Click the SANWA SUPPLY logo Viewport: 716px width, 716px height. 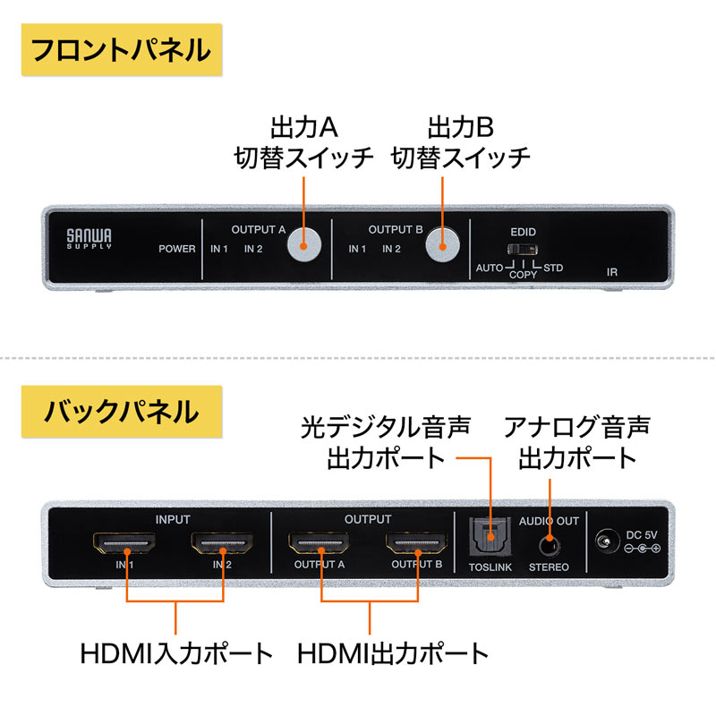pos(89,238)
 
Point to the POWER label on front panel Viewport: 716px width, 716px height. pos(176,249)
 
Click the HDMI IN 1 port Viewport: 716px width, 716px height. pos(125,543)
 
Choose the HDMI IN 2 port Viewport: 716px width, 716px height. pos(222,543)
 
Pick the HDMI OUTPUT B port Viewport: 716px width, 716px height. pos(416,543)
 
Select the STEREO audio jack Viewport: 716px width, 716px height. pos(549,542)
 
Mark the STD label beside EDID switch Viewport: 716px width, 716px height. pos(554,268)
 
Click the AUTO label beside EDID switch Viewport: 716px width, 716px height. pos(490,268)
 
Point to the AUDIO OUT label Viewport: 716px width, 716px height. pos(549,520)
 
